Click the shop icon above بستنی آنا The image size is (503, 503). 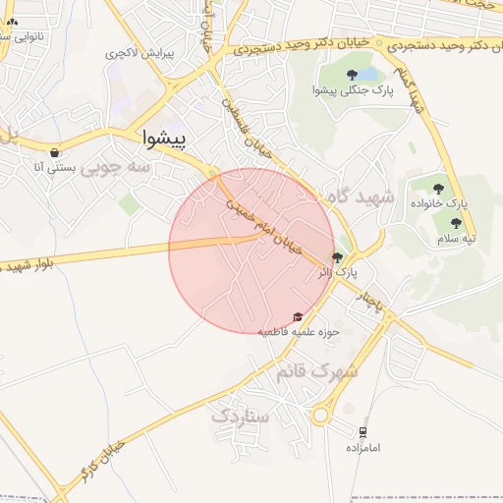tap(53, 152)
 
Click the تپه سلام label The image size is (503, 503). tap(456, 238)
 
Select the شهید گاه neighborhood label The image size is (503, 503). tap(362, 197)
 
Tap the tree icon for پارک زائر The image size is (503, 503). tap(338, 258)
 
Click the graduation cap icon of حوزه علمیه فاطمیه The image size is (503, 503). tap(298, 316)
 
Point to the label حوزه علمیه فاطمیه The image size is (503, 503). tap(298, 331)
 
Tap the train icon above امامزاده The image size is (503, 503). tap(363, 431)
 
